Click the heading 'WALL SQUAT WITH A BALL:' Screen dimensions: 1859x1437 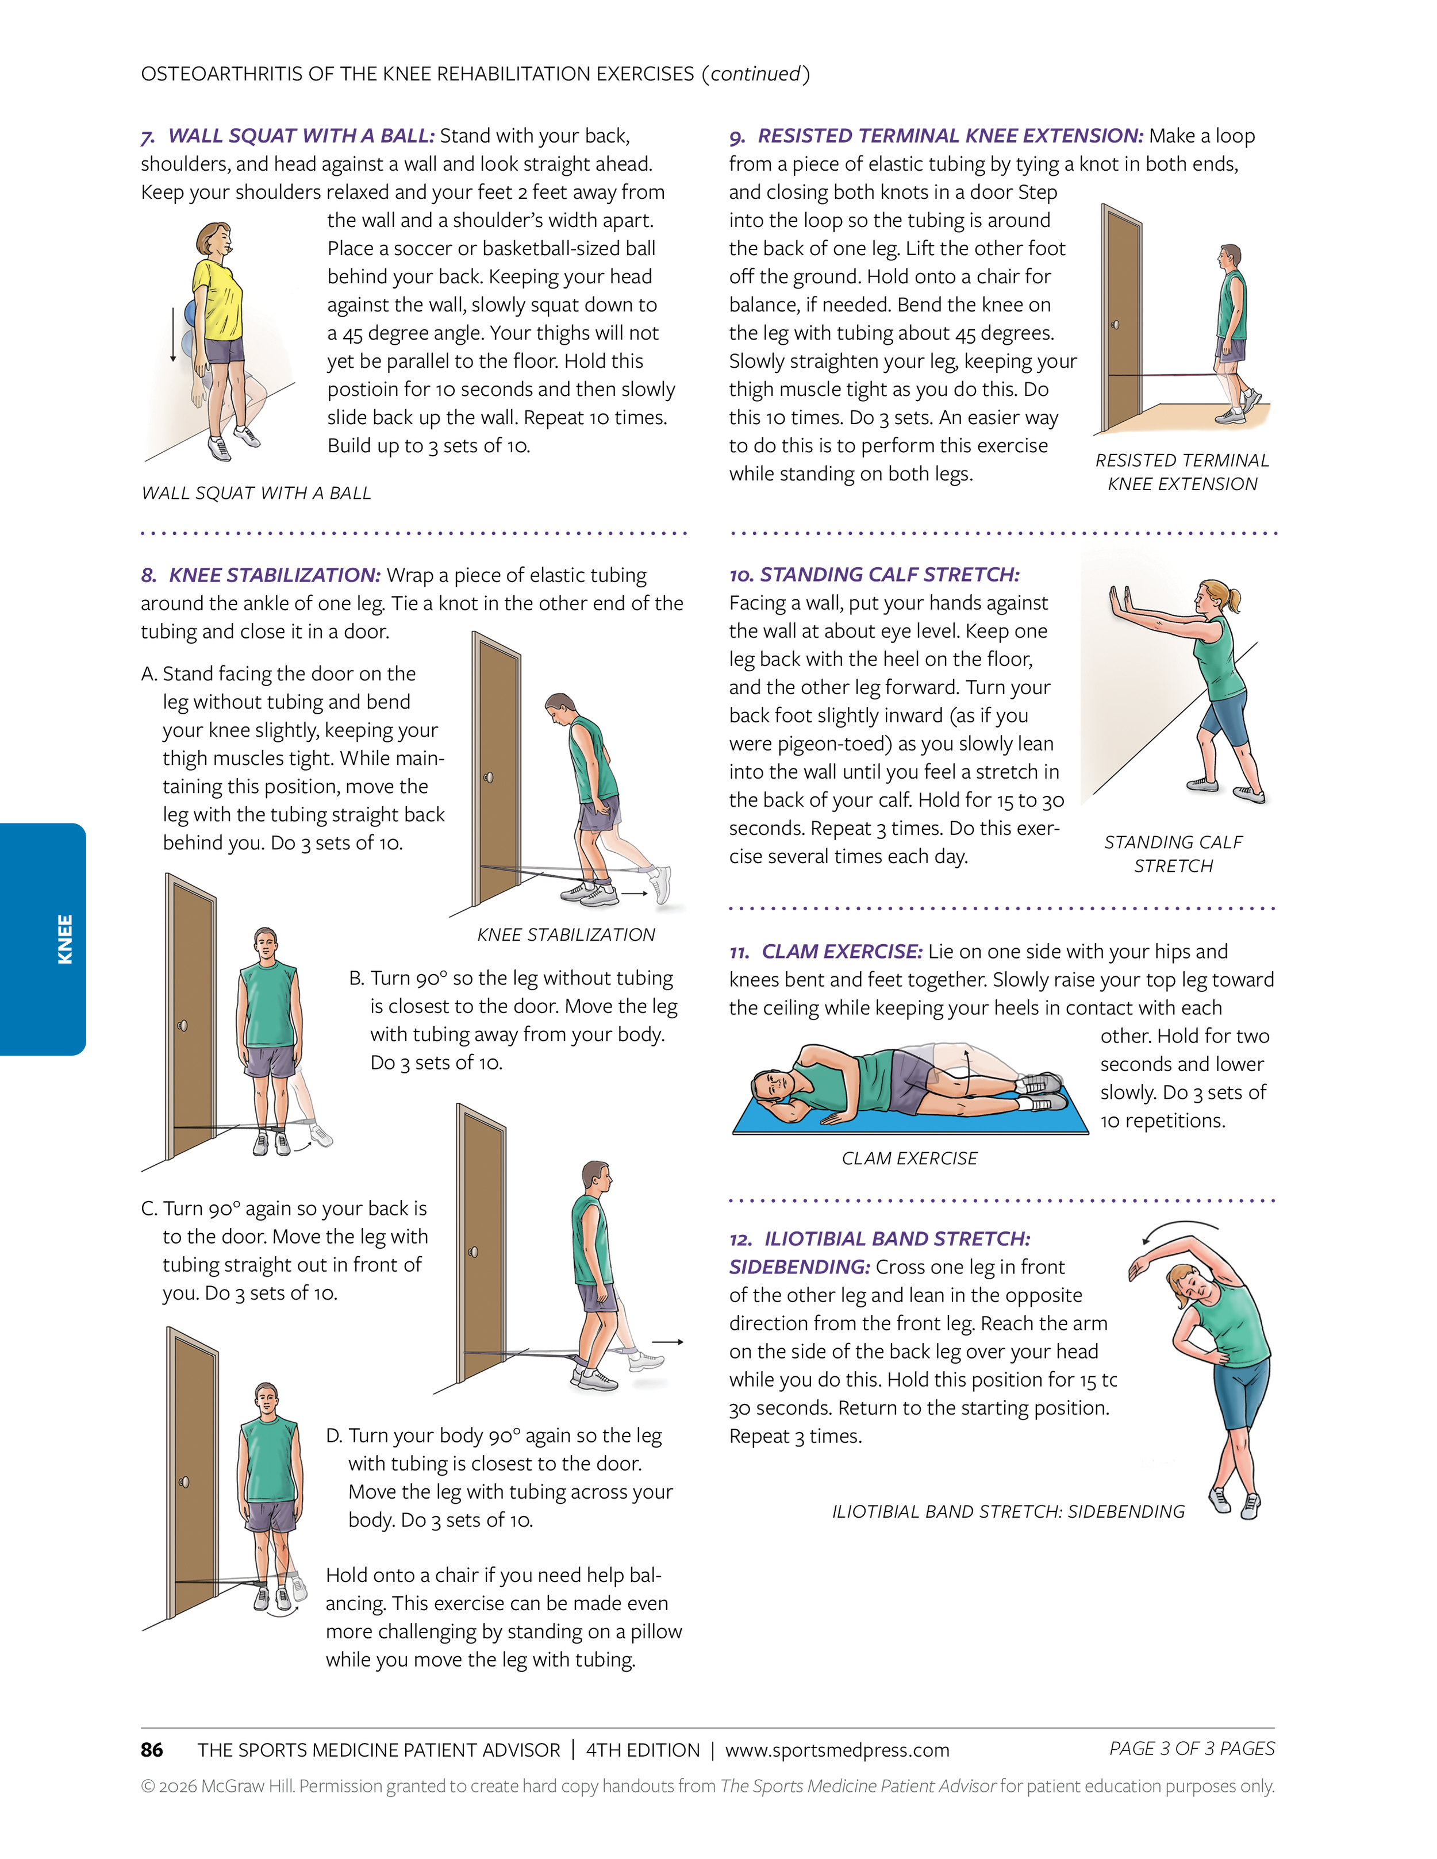click(301, 136)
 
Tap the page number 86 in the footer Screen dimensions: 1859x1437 click(152, 1749)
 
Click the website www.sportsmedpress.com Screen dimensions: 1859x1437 click(837, 1750)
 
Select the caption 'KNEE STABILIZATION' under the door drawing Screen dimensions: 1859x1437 click(566, 934)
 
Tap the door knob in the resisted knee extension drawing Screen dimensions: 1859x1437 click(1115, 324)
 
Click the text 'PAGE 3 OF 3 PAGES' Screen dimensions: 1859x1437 click(1191, 1748)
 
